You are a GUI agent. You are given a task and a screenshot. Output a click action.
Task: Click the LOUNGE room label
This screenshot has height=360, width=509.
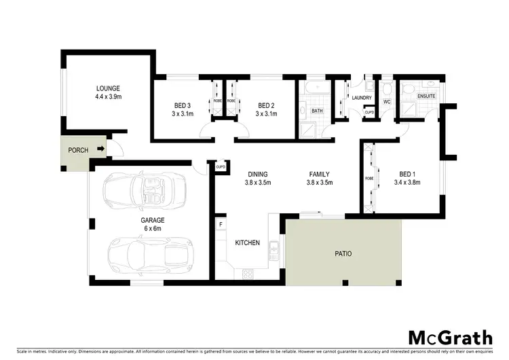pos(108,88)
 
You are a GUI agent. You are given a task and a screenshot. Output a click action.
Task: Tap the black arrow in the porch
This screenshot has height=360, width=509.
pos(100,149)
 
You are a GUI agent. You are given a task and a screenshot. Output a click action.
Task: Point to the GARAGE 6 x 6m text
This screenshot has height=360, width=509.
pos(153,225)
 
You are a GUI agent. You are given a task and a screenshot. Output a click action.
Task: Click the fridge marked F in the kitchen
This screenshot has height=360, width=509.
pos(221,224)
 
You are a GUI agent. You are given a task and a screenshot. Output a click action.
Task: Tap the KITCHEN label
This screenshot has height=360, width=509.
pos(247,242)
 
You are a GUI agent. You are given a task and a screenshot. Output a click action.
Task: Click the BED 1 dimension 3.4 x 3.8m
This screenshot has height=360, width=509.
pos(409,183)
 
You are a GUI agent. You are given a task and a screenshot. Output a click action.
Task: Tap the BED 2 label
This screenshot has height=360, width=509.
pos(265,105)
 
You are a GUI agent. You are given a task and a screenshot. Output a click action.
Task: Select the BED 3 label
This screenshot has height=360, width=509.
pos(182,105)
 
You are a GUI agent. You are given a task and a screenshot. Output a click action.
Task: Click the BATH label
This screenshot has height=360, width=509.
pos(317,110)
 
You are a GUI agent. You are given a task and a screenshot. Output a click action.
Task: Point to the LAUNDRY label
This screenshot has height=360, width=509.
pos(361,98)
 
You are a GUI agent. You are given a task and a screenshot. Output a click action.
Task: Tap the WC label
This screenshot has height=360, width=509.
pos(387,102)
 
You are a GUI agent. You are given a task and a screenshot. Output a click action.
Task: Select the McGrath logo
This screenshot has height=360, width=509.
pos(451,337)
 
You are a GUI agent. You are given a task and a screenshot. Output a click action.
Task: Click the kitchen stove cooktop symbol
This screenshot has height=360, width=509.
pos(248,274)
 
